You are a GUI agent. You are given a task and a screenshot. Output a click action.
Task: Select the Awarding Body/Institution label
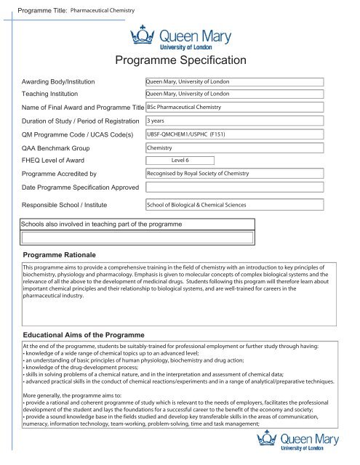58,81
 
